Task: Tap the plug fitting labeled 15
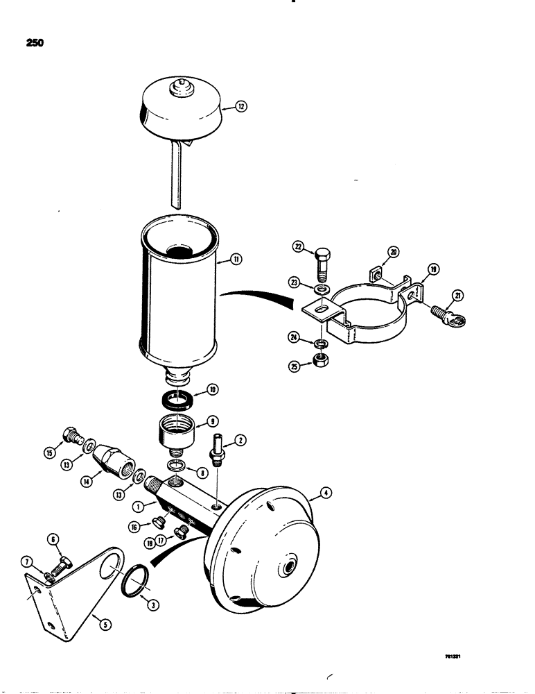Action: [x=71, y=436]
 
